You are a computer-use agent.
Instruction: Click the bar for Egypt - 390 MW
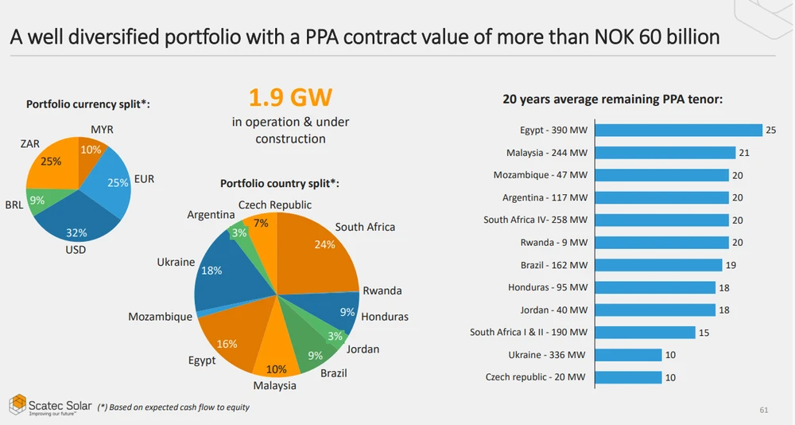pos(678,131)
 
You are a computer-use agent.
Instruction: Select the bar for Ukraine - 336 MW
pos(628,355)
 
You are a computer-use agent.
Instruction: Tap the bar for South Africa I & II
pos(645,333)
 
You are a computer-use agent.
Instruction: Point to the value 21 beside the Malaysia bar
pos(744,153)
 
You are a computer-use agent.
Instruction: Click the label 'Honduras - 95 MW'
pos(548,287)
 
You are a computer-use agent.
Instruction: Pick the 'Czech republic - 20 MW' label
pos(537,377)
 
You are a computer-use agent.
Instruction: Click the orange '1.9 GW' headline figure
pos(290,98)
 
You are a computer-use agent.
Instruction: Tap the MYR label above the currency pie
pos(102,129)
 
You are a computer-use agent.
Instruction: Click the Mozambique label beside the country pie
pos(160,317)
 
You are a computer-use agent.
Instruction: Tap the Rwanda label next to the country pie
pos(382,290)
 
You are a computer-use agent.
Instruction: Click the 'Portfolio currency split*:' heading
pos(88,104)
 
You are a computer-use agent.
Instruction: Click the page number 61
pos(764,410)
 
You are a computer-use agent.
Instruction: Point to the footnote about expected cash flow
pos(173,407)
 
